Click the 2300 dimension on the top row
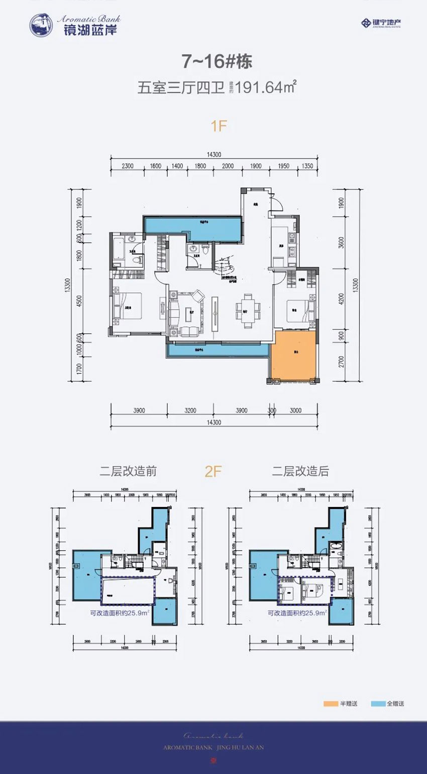click(128, 166)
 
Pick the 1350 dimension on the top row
click(307, 166)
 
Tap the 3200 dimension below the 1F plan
click(190, 410)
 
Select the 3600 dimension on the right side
click(342, 243)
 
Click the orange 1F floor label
click(219, 126)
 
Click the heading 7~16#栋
click(216, 61)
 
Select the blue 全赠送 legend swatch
click(376, 704)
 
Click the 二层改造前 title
click(128, 471)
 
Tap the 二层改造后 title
click(300, 471)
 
